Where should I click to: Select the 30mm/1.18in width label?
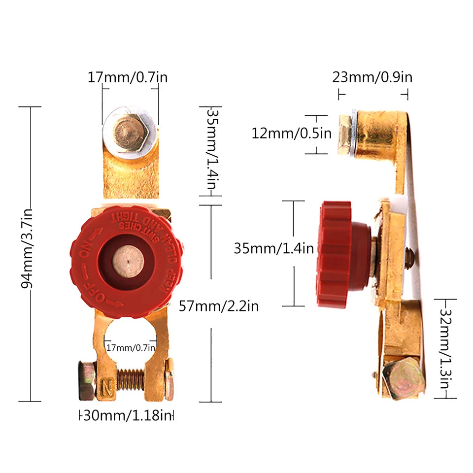pyautogui.click(x=127, y=416)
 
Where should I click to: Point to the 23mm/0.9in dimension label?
pyautogui.click(x=372, y=77)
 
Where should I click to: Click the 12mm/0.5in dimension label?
pyautogui.click(x=292, y=133)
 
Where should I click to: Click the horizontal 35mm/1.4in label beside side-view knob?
pyautogui.click(x=273, y=248)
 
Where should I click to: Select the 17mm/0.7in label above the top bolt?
pyautogui.click(x=128, y=77)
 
